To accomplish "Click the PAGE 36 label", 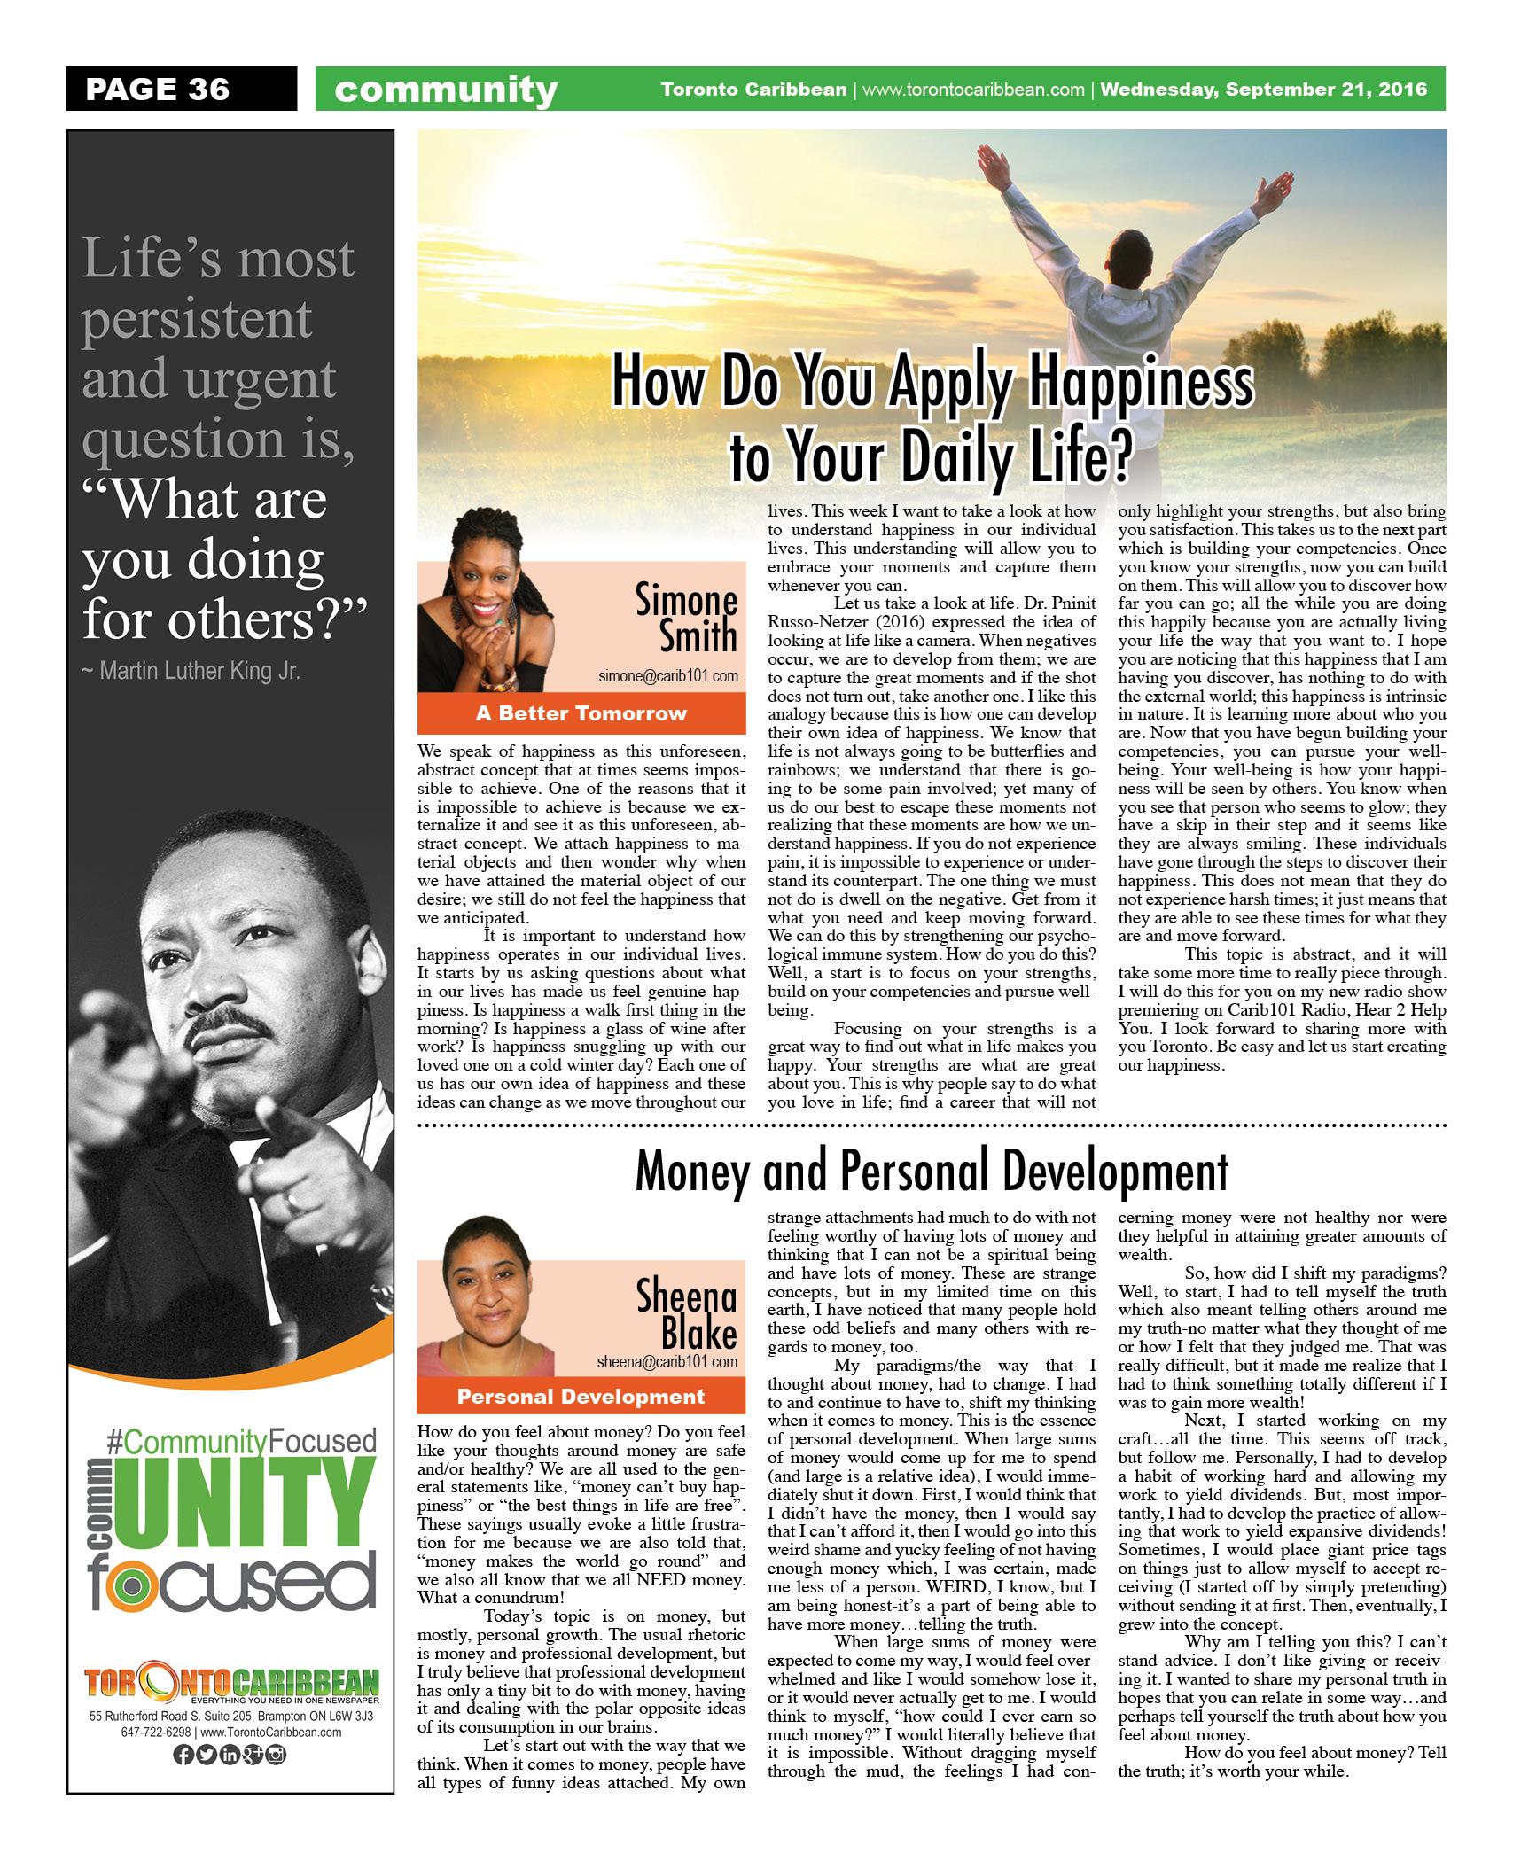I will [x=158, y=90].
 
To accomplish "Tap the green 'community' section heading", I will [x=446, y=90].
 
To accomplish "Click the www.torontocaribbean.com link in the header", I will [x=973, y=90].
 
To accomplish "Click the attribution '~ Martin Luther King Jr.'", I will [x=191, y=671].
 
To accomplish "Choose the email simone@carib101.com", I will [x=668, y=676].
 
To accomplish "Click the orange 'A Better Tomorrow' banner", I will [x=581, y=713].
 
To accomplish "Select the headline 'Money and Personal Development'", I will [x=932, y=1172].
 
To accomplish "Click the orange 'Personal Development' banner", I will [x=581, y=1397].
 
